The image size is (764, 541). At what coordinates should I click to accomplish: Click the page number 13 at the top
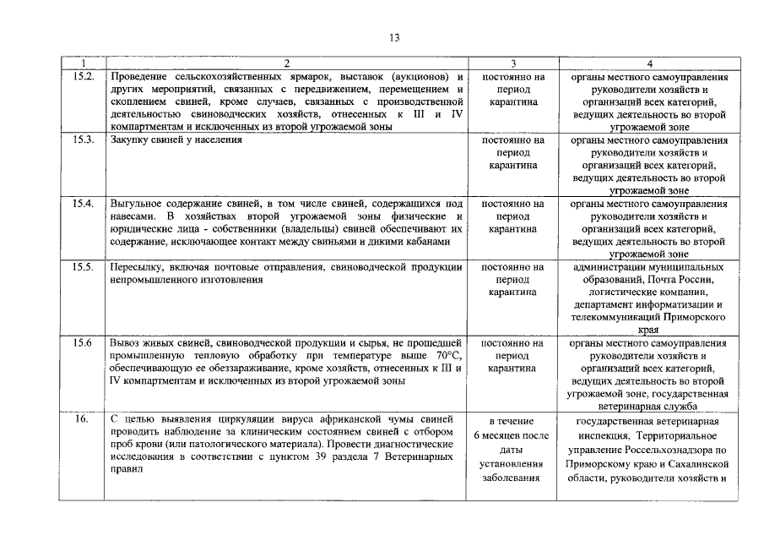(x=395, y=37)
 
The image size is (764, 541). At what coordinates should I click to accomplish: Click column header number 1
(x=83, y=63)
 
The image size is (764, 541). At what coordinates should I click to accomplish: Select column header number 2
(x=286, y=63)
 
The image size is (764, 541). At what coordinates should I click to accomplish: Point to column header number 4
(x=648, y=63)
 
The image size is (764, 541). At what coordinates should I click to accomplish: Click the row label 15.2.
(x=83, y=77)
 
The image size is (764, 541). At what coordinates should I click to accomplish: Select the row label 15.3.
(x=83, y=140)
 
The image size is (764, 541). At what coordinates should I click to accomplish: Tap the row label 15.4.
(x=83, y=205)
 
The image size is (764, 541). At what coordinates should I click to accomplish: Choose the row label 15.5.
(x=83, y=268)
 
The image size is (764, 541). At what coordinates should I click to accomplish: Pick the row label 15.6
(x=82, y=344)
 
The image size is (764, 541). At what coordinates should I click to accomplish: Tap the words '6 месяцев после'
(x=513, y=434)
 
